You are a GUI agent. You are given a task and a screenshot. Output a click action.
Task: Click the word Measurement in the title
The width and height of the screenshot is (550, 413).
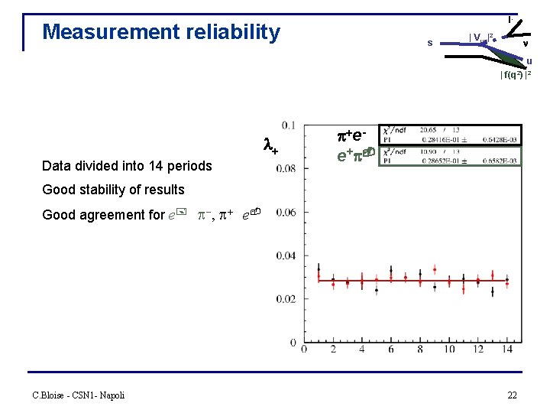point(105,32)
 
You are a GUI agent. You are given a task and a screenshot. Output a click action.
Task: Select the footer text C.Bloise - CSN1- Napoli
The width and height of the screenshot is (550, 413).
point(78,395)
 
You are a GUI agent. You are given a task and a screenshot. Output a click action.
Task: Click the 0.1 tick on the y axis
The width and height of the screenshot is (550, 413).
point(290,125)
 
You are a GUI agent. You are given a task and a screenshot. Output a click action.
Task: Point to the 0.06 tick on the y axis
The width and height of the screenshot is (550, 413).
point(287,212)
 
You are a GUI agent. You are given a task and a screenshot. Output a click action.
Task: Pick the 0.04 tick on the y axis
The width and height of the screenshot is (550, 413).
point(287,255)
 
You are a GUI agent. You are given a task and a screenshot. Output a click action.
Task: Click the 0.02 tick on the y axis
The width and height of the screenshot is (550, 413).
point(287,299)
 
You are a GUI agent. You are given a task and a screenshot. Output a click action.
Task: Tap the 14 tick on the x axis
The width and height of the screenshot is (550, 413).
point(507,350)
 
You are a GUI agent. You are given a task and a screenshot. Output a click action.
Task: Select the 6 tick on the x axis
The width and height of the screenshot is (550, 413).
point(391,350)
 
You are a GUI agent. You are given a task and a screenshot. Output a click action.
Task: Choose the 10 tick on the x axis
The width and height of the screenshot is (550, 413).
point(449,350)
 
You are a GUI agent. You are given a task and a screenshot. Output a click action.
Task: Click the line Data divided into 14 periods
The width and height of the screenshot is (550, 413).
point(127,166)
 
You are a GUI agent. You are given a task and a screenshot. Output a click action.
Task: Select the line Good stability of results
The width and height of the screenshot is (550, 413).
point(113,190)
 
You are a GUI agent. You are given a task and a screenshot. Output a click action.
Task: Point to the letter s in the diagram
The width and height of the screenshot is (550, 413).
point(429,43)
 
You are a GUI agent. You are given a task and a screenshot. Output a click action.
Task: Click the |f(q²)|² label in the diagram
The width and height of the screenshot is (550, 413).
point(516,75)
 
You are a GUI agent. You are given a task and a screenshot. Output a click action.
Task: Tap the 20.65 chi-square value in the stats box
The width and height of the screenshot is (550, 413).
point(445,131)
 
